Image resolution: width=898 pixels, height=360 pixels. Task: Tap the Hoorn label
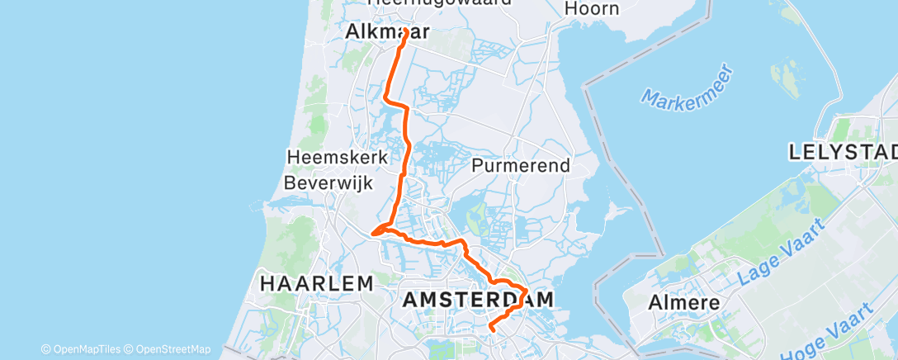[593, 9]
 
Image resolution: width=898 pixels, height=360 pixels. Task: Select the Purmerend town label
[521, 165]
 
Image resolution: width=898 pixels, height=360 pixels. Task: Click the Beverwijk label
[328, 182]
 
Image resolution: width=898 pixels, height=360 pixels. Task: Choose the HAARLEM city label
[317, 283]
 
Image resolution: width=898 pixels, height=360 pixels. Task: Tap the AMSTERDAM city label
[478, 301]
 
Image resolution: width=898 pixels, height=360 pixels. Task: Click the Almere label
[683, 301]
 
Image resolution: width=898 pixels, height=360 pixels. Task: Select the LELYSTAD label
[843, 153]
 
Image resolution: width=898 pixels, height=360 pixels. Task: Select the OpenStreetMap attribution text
[168, 349]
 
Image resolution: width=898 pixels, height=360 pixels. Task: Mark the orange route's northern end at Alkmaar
[406, 31]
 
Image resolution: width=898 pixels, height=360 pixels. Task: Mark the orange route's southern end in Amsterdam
[491, 329]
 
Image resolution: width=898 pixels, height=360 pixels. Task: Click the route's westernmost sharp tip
[373, 233]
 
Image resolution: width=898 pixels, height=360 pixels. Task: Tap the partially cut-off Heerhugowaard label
[438, 2]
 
